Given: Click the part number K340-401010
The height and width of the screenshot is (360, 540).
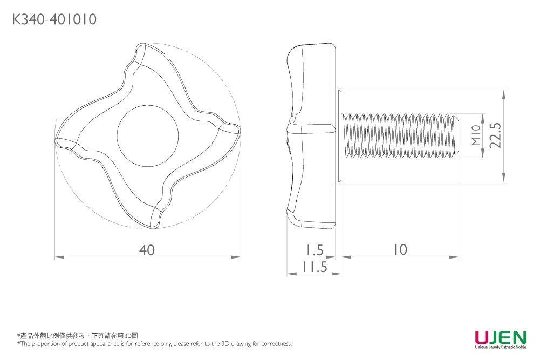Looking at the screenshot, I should point(54,20).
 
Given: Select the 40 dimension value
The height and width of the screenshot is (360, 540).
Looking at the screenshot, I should point(147,250).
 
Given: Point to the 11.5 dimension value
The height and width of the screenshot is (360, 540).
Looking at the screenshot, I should point(315,267).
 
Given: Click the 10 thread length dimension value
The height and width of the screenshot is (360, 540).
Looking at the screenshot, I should point(400,249).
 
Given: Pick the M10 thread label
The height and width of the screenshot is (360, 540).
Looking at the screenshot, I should point(475,135).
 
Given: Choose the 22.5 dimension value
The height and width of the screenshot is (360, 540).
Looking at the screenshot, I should point(495,135).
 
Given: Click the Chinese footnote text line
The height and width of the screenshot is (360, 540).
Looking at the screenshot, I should point(78,336).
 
